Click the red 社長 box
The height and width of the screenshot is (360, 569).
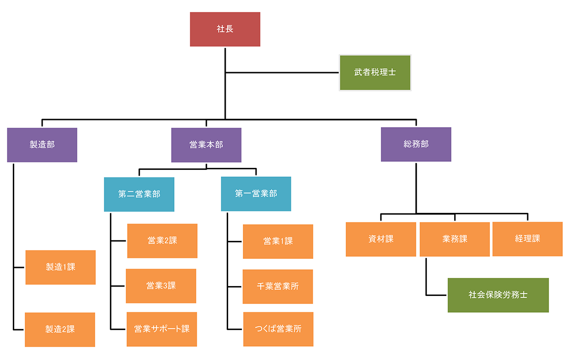coord(225,29)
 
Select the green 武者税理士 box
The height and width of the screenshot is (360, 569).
coord(375,73)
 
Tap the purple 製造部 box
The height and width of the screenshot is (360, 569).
coord(42,145)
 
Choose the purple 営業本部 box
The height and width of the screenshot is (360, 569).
coord(206,145)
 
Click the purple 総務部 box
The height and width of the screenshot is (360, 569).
coord(416,144)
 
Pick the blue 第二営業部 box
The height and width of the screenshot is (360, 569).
coord(139,194)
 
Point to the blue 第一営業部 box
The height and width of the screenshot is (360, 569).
coord(256,194)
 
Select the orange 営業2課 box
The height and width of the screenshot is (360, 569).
coord(162,240)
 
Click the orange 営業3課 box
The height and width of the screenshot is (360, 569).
coord(161,286)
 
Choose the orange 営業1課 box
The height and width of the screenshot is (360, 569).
coord(278,241)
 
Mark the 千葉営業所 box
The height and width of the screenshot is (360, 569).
coord(278,286)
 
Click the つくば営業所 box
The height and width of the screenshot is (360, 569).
coord(278,329)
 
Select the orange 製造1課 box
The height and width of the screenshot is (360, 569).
coord(61,267)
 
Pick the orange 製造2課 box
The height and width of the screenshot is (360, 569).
coord(60,329)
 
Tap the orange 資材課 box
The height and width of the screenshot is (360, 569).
coord(381,239)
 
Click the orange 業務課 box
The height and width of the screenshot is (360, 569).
coord(455,239)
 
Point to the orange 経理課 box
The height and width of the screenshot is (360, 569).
coord(527,239)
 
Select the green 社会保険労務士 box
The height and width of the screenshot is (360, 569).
coord(498,295)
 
